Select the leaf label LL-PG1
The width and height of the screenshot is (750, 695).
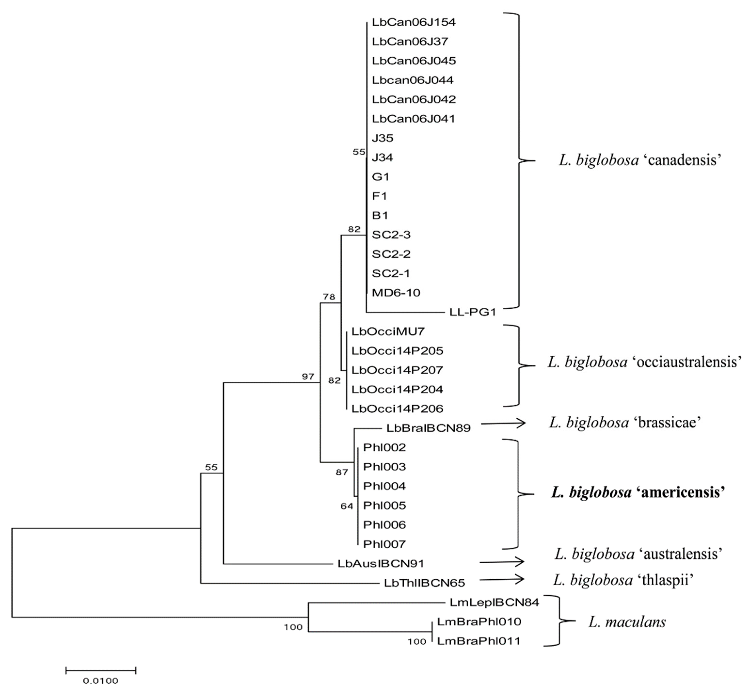472,312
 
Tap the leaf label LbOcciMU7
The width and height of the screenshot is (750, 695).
388,331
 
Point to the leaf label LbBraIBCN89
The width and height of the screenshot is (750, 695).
428,428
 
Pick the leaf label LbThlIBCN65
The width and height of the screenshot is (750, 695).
424,583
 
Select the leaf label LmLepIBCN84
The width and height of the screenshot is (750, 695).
494,602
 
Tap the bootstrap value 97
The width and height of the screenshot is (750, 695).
308,376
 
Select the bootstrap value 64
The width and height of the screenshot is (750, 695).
347,506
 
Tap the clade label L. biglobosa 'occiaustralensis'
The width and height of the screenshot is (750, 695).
644,362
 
